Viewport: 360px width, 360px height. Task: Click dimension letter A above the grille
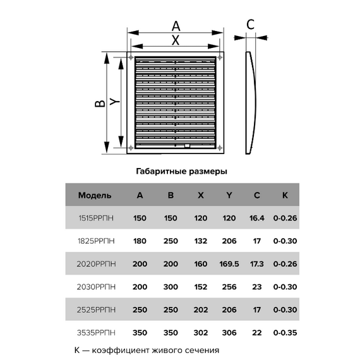point(176,26)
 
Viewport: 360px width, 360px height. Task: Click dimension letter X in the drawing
point(176,40)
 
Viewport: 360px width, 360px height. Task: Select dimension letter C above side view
point(250,25)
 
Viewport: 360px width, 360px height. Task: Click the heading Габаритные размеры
point(181,171)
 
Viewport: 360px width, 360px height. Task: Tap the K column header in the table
point(285,195)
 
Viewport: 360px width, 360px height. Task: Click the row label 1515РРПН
point(96,218)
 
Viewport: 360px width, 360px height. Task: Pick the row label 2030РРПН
point(96,286)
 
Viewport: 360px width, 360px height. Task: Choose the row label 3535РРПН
point(96,332)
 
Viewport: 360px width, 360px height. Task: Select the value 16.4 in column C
point(256,218)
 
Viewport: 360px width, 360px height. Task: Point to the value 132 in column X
point(200,241)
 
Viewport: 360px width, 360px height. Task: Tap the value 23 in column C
point(256,286)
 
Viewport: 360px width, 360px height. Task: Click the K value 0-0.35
point(285,332)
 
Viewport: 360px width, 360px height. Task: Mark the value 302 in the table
point(200,332)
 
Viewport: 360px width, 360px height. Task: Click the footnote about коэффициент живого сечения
point(146,350)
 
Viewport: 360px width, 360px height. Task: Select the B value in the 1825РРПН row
point(171,241)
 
